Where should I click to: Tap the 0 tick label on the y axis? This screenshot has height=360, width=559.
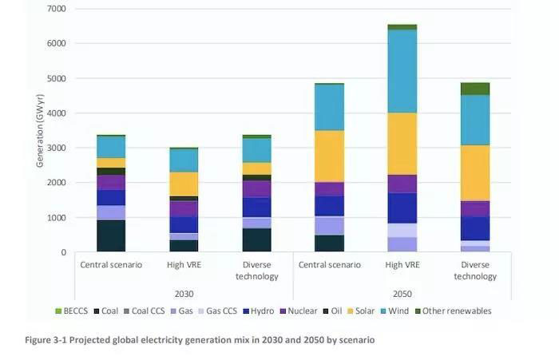tap(62, 252)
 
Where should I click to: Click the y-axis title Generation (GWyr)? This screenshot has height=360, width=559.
tap(39, 130)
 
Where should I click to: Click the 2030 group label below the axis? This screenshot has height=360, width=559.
tap(184, 293)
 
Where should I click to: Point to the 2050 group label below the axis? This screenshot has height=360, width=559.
tap(402, 293)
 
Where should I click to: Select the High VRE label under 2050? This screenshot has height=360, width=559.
tap(402, 265)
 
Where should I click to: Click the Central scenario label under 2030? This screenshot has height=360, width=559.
tap(111, 265)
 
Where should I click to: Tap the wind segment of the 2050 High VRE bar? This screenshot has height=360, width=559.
tap(402, 70)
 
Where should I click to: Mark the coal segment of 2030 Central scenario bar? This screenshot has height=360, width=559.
tap(111, 236)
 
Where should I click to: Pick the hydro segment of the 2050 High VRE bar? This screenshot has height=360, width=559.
tap(402, 208)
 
